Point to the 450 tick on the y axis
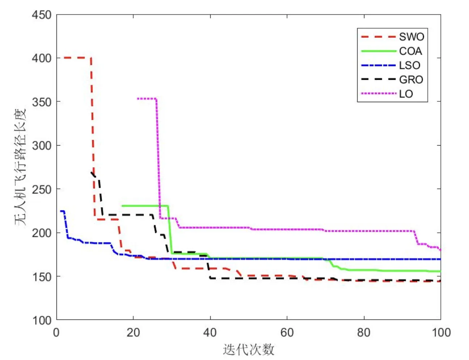pos(42,15)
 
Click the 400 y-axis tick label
pos(42,58)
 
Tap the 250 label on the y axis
pos(42,189)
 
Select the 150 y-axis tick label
pos(42,277)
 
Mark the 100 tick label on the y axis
pos(42,321)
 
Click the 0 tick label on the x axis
pos(56,332)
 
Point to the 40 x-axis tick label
pos(210,332)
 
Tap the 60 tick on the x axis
pos(287,332)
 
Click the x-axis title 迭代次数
pos(249,350)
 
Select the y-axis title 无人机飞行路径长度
pos(21,167)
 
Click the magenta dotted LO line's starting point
pos(138,98)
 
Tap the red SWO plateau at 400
pos(76,58)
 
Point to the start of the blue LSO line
pos(61,211)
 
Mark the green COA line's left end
pos(122,206)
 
